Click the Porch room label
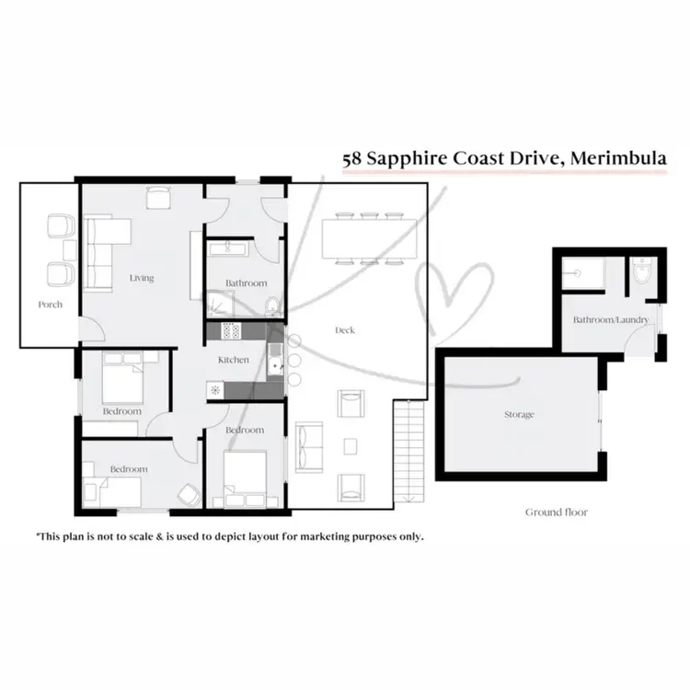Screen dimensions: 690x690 [51, 305]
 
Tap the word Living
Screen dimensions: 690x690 [142, 278]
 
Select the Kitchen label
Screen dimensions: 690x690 [234, 360]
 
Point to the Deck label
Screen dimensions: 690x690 [345, 330]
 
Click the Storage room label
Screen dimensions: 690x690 [519, 415]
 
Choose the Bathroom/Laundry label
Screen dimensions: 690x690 [611, 320]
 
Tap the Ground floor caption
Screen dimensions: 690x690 [556, 512]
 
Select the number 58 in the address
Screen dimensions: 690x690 [351, 158]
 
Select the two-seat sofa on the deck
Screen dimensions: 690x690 [308, 445]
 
